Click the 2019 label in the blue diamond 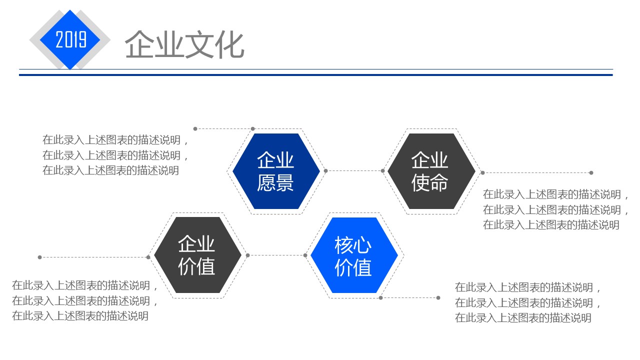[x=70, y=39]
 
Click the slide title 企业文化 [x=184, y=45]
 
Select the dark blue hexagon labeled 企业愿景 [x=275, y=171]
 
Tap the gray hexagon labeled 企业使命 [x=429, y=171]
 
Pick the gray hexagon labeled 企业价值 [x=196, y=255]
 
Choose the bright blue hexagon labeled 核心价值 [x=353, y=255]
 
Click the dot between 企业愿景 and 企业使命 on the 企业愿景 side [x=325, y=171]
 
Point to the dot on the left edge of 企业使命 [x=383, y=171]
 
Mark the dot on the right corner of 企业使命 [x=482, y=173]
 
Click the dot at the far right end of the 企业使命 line [x=591, y=173]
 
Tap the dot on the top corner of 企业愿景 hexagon [x=253, y=129]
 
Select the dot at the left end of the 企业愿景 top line [x=195, y=129]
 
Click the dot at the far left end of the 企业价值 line [x=39, y=257]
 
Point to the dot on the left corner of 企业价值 [x=148, y=257]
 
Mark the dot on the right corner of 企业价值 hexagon [x=247, y=255]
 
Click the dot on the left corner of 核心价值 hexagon [x=305, y=255]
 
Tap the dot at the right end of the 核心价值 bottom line [x=438, y=298]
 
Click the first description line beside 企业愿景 [x=116, y=140]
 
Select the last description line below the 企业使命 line [x=551, y=225]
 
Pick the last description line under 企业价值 [x=80, y=316]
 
